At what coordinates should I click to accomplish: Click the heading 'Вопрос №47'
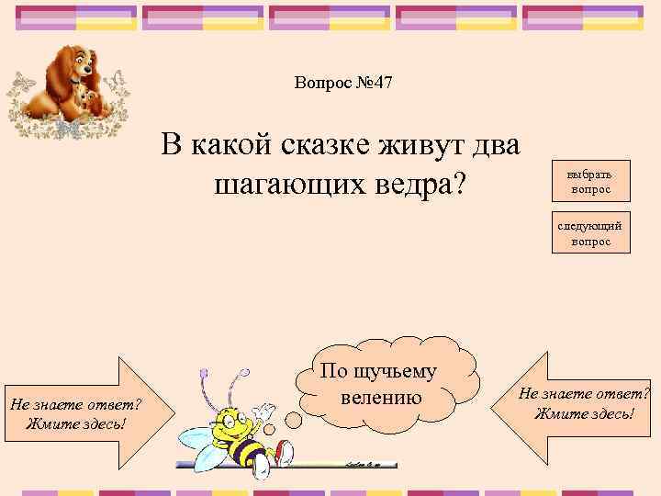(343, 84)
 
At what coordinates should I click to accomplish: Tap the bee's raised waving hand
(265, 410)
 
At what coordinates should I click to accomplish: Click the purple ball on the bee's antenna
(244, 374)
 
